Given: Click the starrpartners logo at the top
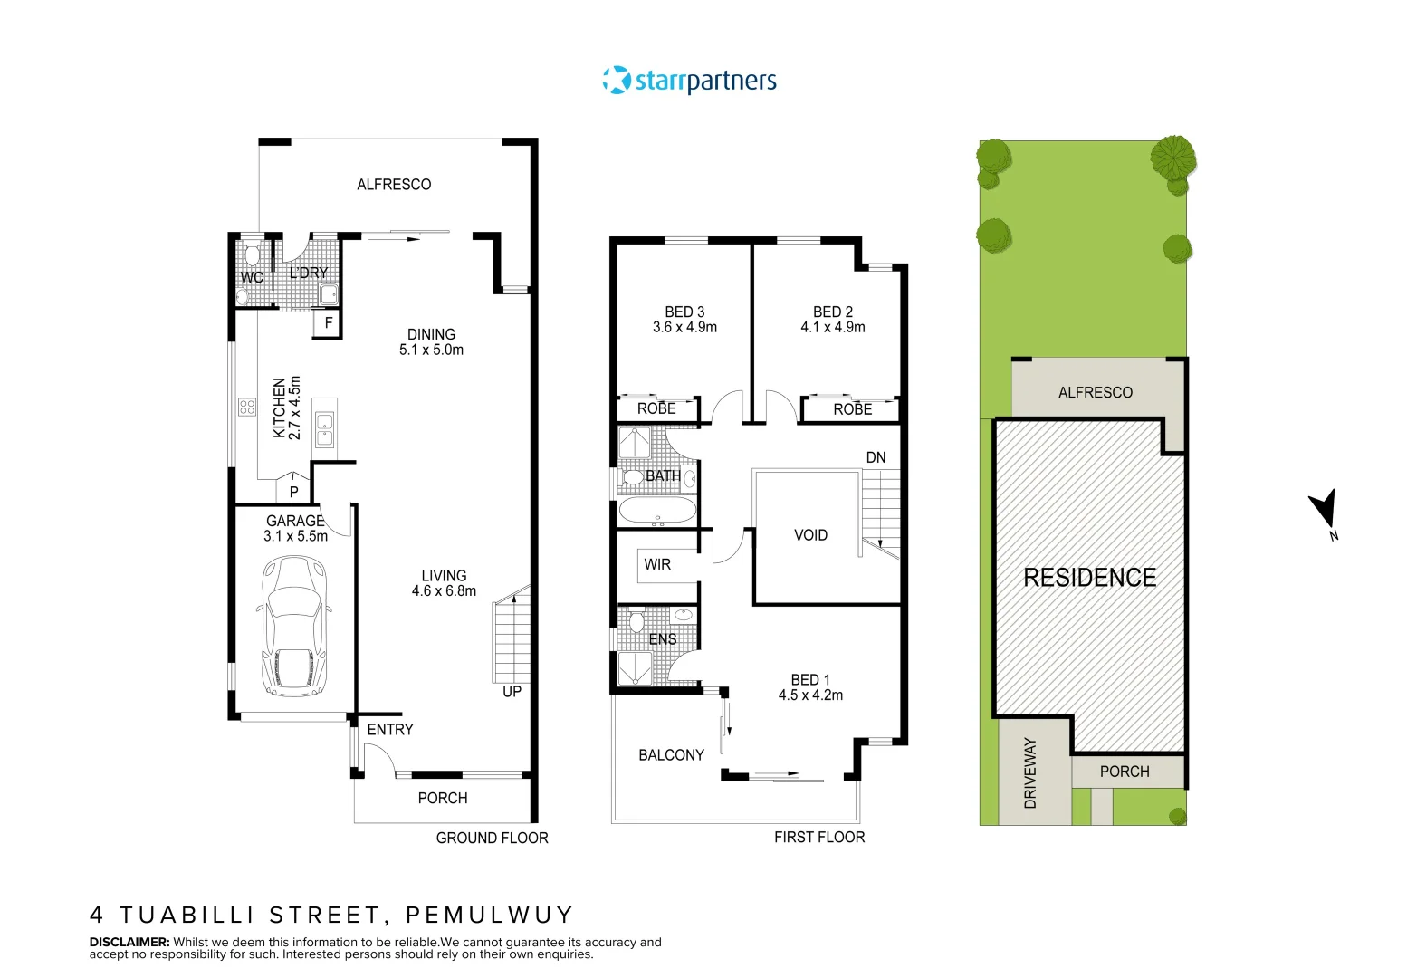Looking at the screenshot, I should [x=690, y=81].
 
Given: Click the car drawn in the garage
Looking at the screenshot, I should [x=293, y=625].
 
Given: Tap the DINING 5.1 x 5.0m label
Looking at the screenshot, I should [x=431, y=342].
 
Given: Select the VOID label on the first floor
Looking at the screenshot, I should [x=810, y=535].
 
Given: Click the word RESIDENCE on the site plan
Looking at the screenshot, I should [x=1089, y=578].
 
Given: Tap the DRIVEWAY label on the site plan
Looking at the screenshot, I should [x=1030, y=772].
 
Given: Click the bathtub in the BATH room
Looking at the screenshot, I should [x=658, y=511].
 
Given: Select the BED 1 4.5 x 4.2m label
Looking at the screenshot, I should [x=810, y=687].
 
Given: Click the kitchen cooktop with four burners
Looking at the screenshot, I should [x=247, y=407].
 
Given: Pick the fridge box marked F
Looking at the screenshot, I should [x=328, y=322].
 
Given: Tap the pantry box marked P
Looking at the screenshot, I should [x=293, y=492].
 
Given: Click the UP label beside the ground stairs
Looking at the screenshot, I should [x=512, y=692].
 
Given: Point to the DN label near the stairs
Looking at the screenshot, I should [x=876, y=457].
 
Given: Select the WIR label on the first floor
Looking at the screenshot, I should [x=657, y=564].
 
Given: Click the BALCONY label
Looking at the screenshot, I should [x=671, y=755].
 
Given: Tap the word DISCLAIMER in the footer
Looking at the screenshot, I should [x=129, y=942].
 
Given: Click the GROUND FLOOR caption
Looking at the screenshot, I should [x=492, y=838].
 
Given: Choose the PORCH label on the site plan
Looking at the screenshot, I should [x=1125, y=772].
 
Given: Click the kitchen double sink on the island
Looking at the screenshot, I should [x=324, y=430].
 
